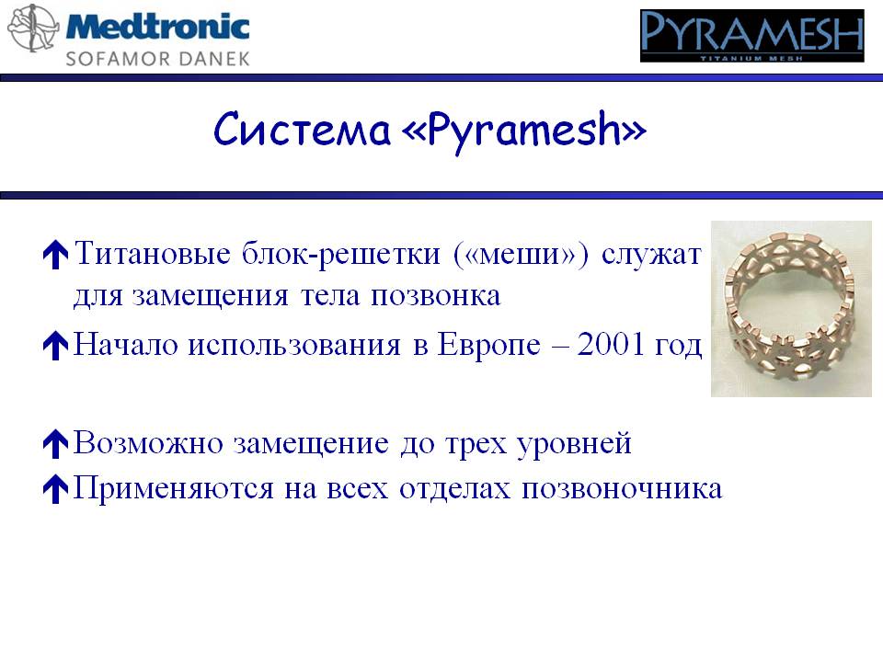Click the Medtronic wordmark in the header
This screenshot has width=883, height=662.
(x=157, y=27)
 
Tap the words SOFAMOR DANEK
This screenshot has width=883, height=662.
(x=157, y=59)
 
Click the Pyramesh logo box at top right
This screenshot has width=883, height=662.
(x=751, y=36)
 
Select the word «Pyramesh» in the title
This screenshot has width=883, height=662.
(x=524, y=131)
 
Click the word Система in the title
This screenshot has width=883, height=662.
(x=302, y=130)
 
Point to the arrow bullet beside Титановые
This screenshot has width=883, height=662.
(x=55, y=255)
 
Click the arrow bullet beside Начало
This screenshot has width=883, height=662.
(x=55, y=345)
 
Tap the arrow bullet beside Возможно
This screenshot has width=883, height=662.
(x=55, y=443)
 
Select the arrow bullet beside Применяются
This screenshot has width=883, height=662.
(x=55, y=488)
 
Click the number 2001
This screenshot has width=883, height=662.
(x=611, y=343)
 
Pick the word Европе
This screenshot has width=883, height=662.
(x=488, y=345)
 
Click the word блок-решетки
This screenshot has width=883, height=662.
(x=340, y=255)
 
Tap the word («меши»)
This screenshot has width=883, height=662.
(x=521, y=255)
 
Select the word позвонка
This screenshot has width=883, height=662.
(x=435, y=296)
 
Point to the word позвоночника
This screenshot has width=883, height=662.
(x=622, y=488)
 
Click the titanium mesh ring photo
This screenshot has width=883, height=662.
(x=791, y=309)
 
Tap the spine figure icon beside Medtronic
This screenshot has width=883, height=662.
(x=33, y=29)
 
